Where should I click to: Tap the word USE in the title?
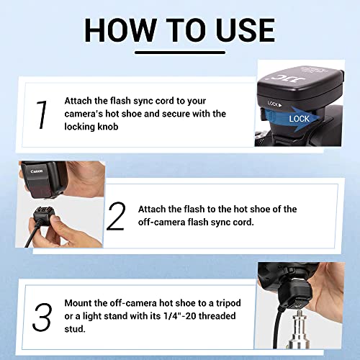tap(246, 30)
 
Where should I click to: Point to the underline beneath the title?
tap(180, 53)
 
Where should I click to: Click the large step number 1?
tap(42, 114)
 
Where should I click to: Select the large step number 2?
tap(116, 216)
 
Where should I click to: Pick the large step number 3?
tap(42, 318)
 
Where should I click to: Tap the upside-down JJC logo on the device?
tap(286, 78)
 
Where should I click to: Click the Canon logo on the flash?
tap(37, 171)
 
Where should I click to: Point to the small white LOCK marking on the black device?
tap(274, 104)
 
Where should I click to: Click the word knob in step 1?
tap(107, 127)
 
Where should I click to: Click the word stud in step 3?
tap(74, 329)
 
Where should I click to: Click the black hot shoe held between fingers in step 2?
tap(43, 215)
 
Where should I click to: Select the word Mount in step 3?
tap(78, 303)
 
